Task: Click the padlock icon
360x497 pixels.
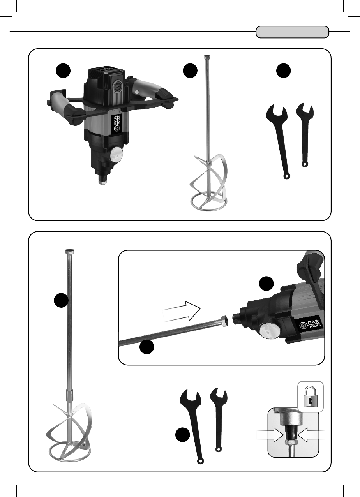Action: [310, 397]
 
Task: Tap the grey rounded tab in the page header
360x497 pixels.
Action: [292, 32]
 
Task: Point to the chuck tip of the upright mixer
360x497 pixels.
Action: [103, 181]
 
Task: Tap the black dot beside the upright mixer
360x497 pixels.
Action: [63, 71]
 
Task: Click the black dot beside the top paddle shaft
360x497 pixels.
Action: [190, 71]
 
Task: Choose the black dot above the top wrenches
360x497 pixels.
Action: [283, 71]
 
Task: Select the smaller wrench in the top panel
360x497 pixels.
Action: [305, 133]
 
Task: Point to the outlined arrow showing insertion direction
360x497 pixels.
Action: [182, 311]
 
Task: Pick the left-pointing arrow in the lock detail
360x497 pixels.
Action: [311, 435]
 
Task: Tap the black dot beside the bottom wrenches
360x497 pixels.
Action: [183, 435]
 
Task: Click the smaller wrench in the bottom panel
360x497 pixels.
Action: [219, 419]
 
